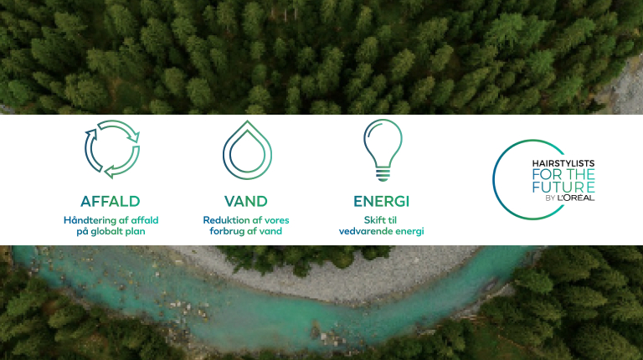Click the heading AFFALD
111,201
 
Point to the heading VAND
246,201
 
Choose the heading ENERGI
382,201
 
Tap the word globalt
106,232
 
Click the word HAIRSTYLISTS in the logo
563,163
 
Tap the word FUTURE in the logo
563,187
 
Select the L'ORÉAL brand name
576,198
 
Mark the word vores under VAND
276,220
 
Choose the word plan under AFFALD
136,232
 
